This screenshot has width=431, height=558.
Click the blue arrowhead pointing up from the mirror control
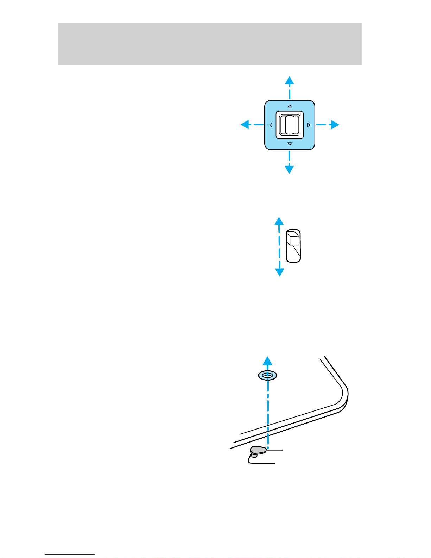289,81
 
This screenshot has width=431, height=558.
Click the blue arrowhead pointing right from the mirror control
334,125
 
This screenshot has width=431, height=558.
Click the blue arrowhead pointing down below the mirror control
289,169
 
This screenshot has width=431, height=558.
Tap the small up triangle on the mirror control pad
290,106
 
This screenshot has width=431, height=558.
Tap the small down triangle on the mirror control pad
290,144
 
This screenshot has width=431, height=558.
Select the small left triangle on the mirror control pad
271,125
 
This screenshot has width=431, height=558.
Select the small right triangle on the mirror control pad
309,125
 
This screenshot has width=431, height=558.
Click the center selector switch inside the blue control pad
289,125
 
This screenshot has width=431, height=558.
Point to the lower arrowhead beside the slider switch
279,272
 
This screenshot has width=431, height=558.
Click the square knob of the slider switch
293,238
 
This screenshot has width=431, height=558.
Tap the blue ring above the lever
267,376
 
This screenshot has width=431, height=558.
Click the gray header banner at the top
210,44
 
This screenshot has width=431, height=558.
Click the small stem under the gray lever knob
254,456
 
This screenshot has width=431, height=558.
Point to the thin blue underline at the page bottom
70,555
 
